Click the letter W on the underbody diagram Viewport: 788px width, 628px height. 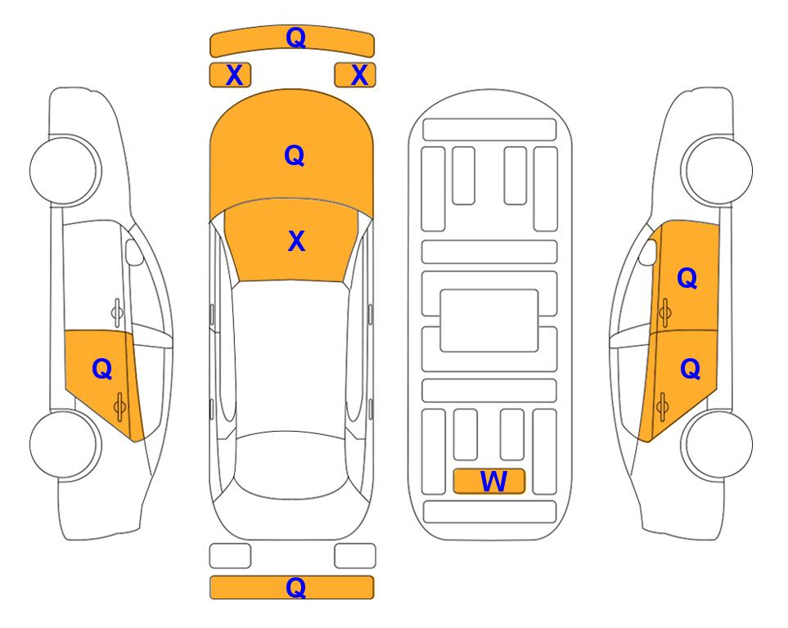point(493,482)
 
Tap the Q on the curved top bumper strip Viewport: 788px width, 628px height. point(295,37)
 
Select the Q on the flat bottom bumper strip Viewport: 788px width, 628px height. point(295,587)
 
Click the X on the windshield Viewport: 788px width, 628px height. point(296,241)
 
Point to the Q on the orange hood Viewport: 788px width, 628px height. point(295,155)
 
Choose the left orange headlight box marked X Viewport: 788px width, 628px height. point(230,75)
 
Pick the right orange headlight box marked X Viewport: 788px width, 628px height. point(355,75)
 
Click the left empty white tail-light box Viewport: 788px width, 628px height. point(230,556)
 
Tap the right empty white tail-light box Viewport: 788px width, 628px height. point(355,556)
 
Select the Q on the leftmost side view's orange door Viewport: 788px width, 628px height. point(102,370)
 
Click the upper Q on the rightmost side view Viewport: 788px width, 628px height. point(687,278)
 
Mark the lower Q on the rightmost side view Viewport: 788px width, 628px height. point(690,370)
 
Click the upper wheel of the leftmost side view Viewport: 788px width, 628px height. point(64,170)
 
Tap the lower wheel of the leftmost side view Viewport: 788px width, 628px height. point(64,444)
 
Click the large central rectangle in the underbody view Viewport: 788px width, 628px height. point(489,321)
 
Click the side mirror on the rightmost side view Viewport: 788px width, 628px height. point(648,252)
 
